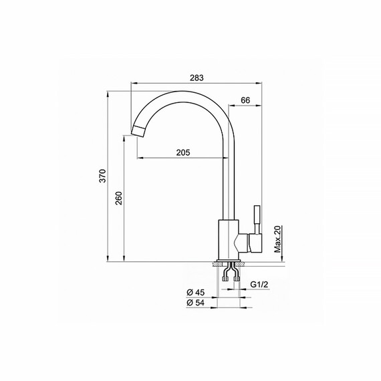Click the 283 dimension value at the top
[x=197, y=78]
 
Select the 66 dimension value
[x=245, y=100]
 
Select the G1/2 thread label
[x=260, y=285]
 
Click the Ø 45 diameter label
[x=195, y=291]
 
